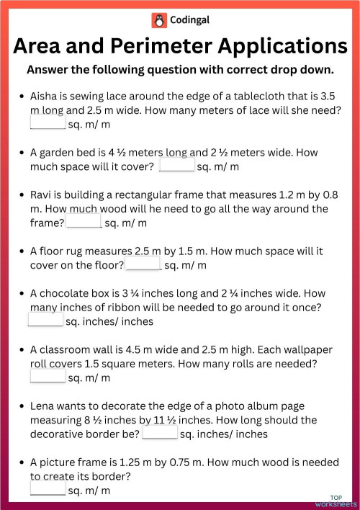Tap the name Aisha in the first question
click(45, 96)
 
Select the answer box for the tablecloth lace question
click(48, 124)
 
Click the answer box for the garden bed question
click(176, 166)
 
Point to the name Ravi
click(42, 194)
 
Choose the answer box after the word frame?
click(84, 223)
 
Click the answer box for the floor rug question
click(144, 265)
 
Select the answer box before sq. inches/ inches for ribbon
click(45, 321)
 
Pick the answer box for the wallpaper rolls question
click(48, 377)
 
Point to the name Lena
click(42, 406)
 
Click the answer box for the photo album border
click(159, 434)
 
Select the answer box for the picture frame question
click(48, 490)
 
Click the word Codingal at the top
click(189, 20)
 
